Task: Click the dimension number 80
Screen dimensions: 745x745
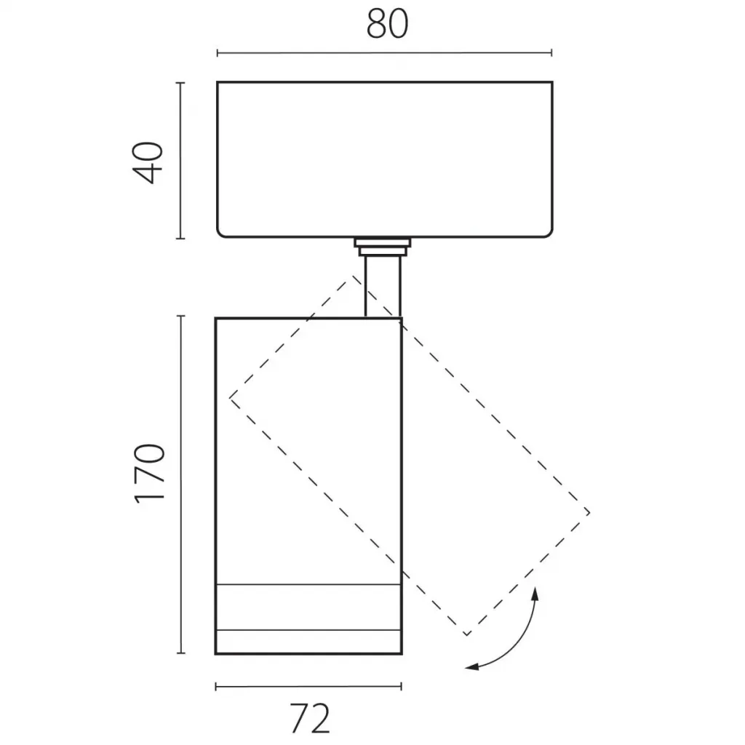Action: click(x=387, y=24)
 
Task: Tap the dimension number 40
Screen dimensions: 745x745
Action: click(x=148, y=162)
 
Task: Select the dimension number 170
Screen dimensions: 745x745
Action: click(x=150, y=473)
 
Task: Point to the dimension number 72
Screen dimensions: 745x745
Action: click(x=310, y=719)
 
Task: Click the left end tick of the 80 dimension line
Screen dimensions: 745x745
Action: click(x=217, y=52)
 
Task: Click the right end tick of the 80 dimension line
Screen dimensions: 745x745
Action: click(x=551, y=52)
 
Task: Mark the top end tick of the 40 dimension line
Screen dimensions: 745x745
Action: click(x=180, y=83)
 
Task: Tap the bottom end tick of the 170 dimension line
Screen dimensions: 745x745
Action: click(x=180, y=653)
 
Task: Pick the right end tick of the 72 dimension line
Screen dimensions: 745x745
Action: click(x=402, y=686)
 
